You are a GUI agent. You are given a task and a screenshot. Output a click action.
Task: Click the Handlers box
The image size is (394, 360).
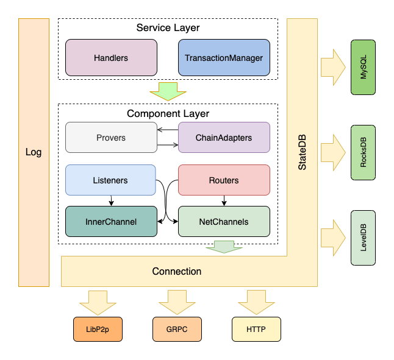coord(111,58)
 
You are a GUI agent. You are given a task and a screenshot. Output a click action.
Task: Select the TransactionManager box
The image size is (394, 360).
coord(224,58)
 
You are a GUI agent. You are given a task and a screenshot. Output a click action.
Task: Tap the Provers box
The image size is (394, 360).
coord(111,138)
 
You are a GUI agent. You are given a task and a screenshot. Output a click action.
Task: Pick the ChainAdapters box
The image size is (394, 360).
coord(224,138)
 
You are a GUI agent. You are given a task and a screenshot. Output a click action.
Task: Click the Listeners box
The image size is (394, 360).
coord(111,180)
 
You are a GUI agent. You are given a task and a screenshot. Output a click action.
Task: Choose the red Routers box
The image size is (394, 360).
coord(224,180)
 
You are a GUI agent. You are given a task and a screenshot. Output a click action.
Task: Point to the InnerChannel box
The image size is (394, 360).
coord(111,222)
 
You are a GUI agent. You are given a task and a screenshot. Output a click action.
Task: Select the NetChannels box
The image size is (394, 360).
coord(224,222)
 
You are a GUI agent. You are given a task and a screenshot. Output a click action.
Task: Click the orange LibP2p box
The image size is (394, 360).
coord(98,330)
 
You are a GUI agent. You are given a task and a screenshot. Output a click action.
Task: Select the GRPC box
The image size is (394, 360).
coord(177,330)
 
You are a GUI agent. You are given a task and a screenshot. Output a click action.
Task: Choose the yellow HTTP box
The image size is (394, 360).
coord(256,330)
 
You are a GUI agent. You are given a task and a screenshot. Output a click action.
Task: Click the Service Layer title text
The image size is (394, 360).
coord(168,28)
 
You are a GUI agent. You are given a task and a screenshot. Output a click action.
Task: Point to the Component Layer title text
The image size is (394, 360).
coord(168,113)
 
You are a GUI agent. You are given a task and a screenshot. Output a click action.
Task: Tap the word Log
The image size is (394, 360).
coord(34,152)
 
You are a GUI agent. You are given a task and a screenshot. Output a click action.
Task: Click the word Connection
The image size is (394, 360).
coord(177,271)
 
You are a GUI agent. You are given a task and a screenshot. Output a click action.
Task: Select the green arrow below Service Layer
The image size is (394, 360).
coord(168,91)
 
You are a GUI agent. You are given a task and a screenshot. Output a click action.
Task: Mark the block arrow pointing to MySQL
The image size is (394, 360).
coord(332,67)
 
